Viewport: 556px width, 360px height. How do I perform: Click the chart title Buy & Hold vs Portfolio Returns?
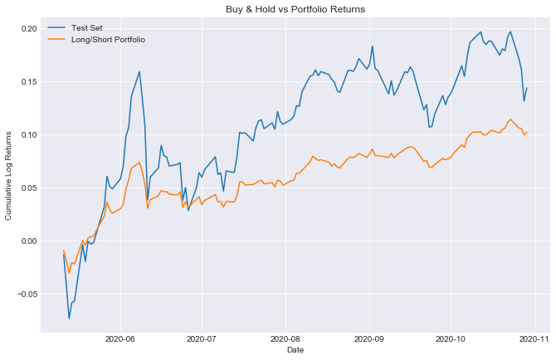(296, 8)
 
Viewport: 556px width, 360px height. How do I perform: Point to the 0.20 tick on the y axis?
(28, 29)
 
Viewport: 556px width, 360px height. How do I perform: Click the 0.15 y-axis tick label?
(28, 82)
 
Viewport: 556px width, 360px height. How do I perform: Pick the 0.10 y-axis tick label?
(28, 135)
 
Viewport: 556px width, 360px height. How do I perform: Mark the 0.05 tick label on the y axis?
(28, 188)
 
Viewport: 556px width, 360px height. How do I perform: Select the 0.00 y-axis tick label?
(28, 241)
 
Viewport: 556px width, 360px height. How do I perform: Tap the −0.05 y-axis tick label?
(27, 294)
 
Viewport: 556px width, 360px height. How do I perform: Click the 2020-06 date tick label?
(120, 339)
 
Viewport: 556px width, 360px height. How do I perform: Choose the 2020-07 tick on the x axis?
(201, 339)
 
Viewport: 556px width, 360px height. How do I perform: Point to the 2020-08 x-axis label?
(285, 339)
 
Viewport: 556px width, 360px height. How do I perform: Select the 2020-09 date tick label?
(368, 339)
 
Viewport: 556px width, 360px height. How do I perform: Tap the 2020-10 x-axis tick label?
(449, 339)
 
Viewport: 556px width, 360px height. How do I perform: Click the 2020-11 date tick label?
(533, 339)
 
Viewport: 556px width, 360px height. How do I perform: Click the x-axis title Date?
(296, 352)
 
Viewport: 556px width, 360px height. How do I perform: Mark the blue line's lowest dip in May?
(69, 319)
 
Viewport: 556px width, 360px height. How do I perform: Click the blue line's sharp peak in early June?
(139, 71)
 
